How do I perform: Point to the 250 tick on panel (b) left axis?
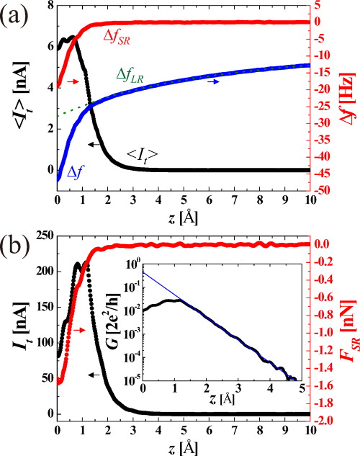45,236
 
